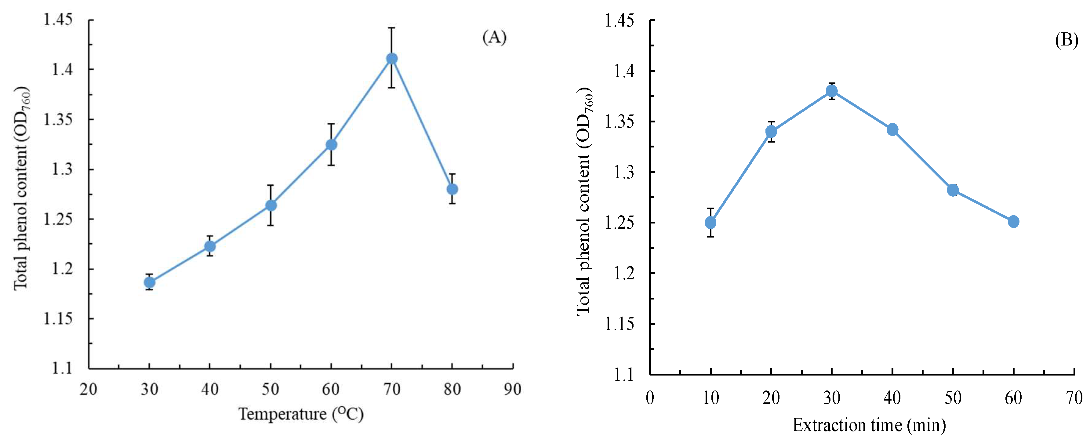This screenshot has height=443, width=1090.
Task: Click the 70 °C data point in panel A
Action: coord(392,58)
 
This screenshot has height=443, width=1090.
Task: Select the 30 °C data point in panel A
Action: coord(149,282)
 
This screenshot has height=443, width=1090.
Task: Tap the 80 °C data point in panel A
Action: coord(452,189)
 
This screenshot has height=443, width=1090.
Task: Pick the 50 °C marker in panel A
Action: coord(271,205)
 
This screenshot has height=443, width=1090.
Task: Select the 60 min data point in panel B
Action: coord(1013,221)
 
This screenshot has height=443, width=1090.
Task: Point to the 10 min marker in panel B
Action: coord(711,223)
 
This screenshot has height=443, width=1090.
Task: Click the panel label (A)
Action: coord(494,37)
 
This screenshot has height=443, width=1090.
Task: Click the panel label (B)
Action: coord(1066,40)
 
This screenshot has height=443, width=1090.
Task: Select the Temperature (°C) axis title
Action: coord(301,414)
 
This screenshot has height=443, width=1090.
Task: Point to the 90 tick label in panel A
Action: coord(512,389)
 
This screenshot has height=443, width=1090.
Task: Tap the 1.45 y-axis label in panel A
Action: coord(58,20)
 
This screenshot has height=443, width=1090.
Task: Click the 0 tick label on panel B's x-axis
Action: coord(650,398)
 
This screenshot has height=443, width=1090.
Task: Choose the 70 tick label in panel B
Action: coord(1074,398)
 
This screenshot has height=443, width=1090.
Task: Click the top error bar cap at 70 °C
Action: coord(392,28)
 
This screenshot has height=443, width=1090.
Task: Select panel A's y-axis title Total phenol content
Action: coord(21,188)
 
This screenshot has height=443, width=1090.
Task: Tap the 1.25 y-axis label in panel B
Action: coord(619,223)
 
